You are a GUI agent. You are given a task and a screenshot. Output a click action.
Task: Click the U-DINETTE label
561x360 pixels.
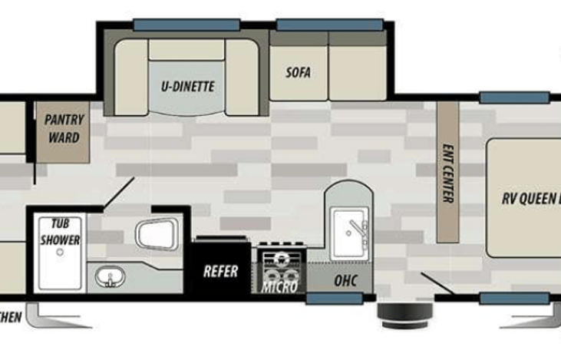tap(187, 87)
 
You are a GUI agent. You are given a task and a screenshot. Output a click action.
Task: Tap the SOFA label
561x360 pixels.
tap(298, 74)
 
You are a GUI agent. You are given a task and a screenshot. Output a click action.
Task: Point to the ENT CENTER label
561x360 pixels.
tap(447, 173)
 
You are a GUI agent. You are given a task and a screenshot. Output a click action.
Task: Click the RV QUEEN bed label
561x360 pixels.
tap(530, 197)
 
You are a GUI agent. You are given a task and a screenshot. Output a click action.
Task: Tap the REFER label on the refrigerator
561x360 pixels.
tap(220, 271)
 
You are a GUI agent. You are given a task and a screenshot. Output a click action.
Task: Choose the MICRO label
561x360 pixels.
tap(279, 288)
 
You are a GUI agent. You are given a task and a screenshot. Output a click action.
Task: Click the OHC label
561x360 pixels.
tap(344, 281)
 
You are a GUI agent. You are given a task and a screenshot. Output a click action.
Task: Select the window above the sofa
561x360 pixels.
tap(329, 25)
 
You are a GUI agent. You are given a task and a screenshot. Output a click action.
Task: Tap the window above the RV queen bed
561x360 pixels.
tap(514, 97)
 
